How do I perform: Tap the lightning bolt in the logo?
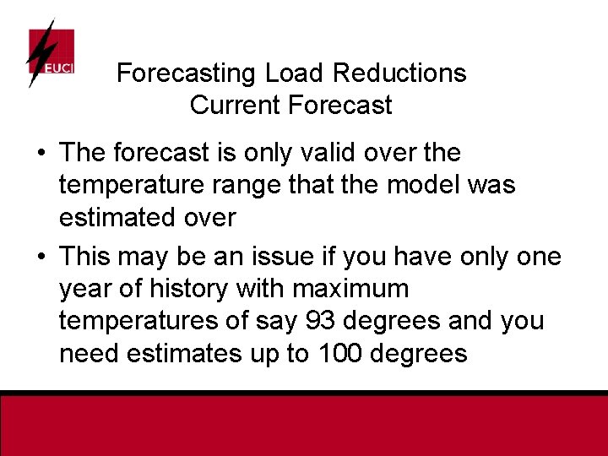40,52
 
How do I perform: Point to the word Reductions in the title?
399,73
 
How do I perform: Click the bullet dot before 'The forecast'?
41,154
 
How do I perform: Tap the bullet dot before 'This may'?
41,257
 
